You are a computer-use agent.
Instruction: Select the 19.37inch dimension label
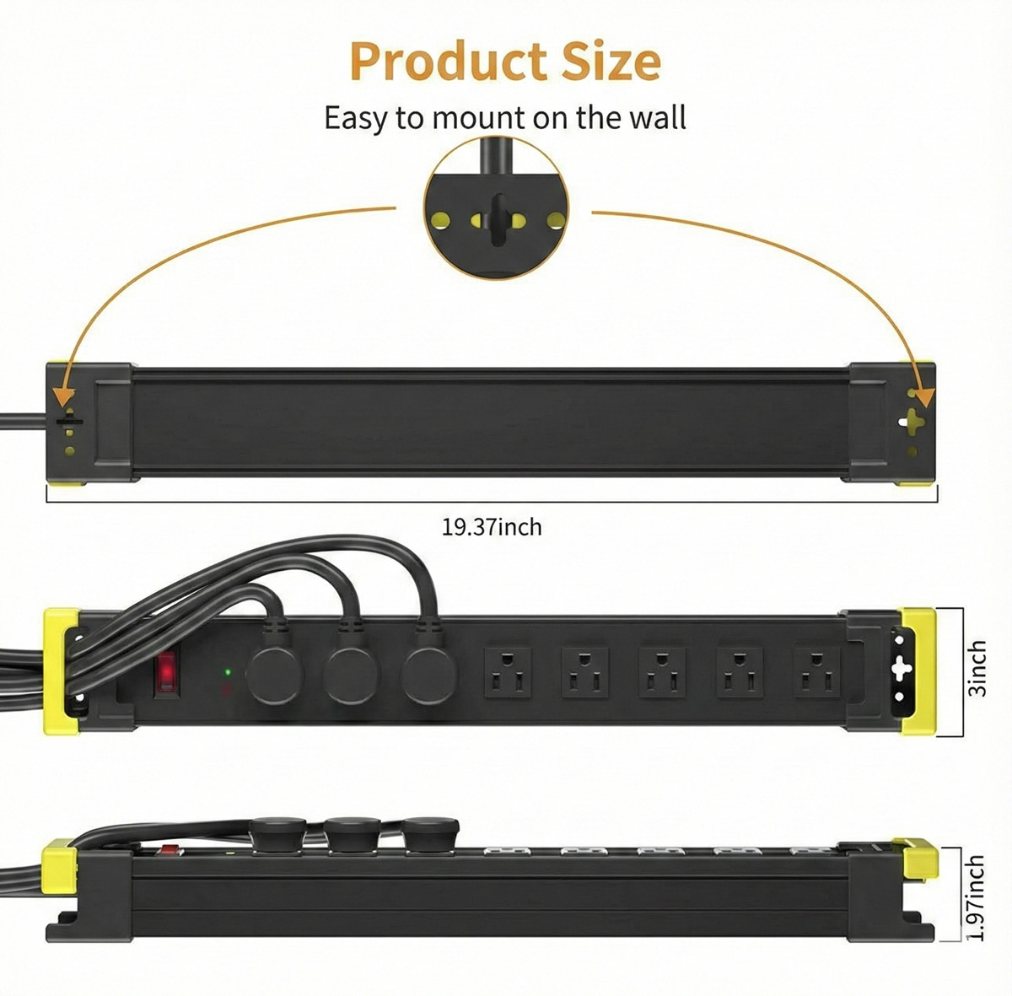coord(493,527)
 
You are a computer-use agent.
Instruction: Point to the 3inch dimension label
coord(977,668)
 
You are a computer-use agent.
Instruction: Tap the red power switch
coord(167,672)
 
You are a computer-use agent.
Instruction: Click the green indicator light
coord(227,672)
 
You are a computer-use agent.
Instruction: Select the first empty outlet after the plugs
coord(508,672)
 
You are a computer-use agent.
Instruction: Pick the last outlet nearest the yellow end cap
coord(817,672)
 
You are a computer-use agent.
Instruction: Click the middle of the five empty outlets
coord(662,672)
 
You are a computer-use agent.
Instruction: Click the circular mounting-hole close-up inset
coord(497,208)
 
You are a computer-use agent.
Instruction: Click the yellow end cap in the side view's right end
coord(918,858)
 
